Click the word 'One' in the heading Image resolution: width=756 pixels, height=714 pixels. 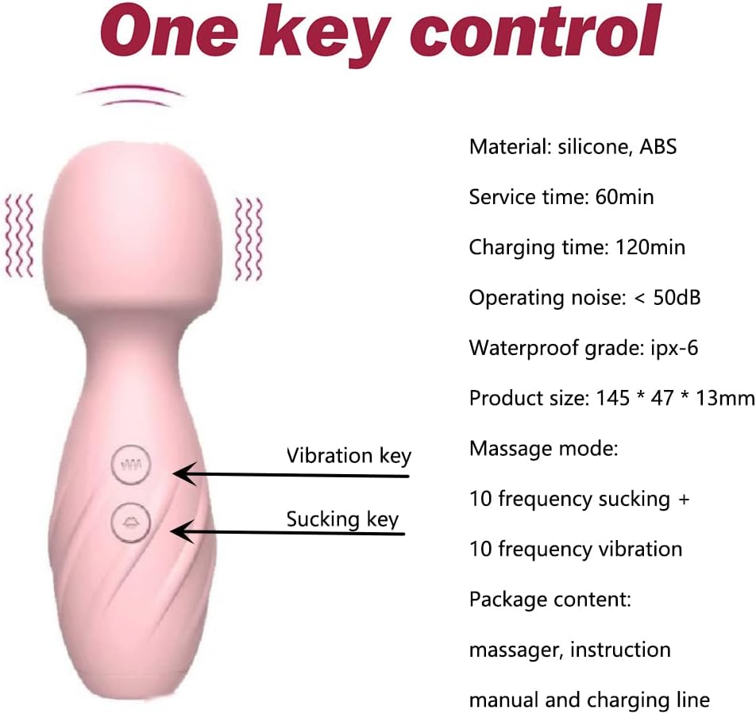coord(169,31)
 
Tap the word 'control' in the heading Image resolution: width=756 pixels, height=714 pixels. coord(535,30)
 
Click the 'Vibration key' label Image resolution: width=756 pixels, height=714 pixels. coord(349,456)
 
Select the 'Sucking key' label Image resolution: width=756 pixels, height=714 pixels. coord(342,519)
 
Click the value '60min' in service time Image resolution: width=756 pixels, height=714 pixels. coord(624,197)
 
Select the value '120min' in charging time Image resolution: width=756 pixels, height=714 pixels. coord(650,247)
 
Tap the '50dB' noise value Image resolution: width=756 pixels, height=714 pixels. coord(677,298)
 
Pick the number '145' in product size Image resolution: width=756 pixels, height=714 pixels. coord(613,398)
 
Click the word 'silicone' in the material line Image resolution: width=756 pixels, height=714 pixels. coord(595,147)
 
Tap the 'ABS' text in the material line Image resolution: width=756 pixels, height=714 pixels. coord(658,147)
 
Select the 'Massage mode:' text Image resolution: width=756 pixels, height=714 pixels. coord(543,449)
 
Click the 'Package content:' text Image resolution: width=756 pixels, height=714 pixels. coord(550,600)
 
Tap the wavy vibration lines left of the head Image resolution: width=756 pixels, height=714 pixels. coord(19,236)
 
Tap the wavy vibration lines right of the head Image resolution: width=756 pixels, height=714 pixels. coord(249,239)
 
